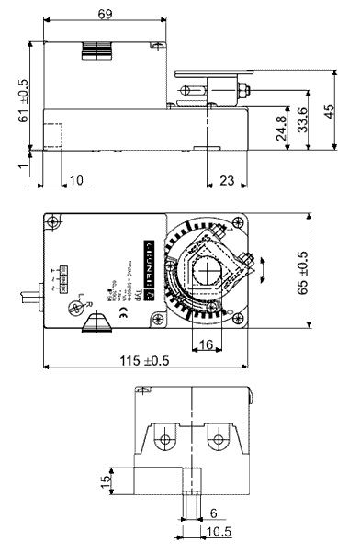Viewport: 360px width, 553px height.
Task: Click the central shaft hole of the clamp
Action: click(208, 272)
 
